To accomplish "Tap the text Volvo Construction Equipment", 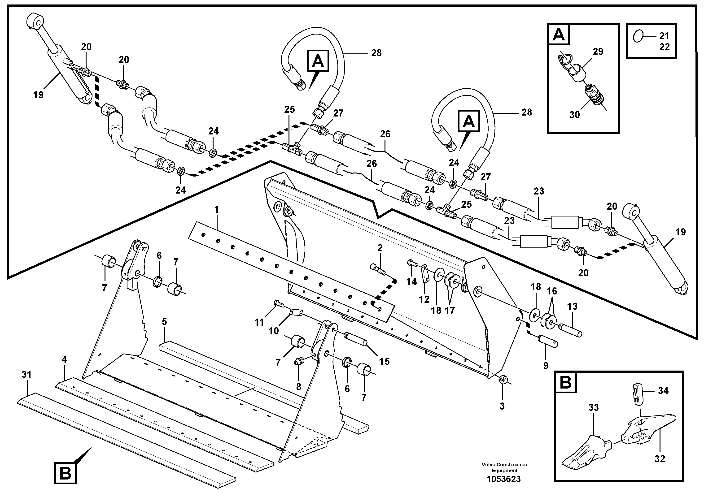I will pos(504,467).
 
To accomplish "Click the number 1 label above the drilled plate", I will pos(216,210).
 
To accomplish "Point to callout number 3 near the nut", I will pos(502,406).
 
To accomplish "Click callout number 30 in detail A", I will pos(575,115).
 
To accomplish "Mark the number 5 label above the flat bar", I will pos(164,322).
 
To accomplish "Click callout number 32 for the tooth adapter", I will pos(660,459).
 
